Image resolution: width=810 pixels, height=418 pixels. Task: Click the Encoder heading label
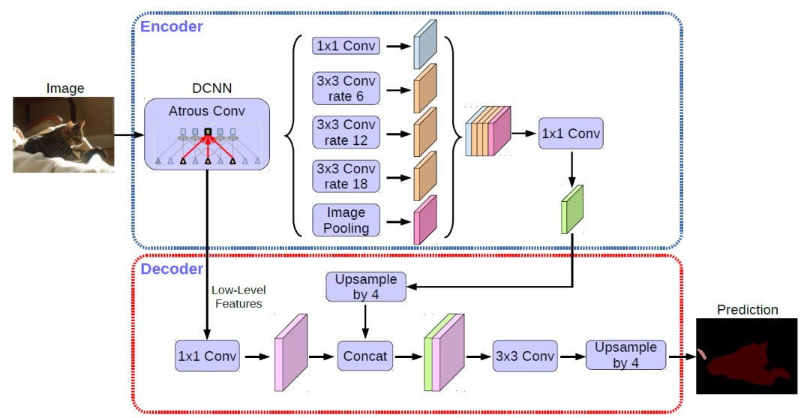click(172, 26)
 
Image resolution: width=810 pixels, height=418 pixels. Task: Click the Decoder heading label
click(172, 269)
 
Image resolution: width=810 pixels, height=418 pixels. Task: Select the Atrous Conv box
click(207, 133)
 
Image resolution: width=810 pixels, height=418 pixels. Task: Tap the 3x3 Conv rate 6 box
click(346, 89)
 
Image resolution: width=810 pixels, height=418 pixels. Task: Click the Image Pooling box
click(346, 219)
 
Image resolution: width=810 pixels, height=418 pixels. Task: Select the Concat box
click(365, 356)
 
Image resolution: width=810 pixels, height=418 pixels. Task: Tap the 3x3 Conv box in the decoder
click(525, 356)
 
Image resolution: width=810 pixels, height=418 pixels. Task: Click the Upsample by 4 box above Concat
click(366, 287)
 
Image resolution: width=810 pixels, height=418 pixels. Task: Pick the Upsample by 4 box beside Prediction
click(625, 354)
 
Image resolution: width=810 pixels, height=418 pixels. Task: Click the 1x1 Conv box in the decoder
click(207, 356)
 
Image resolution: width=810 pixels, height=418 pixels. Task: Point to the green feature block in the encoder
click(572, 209)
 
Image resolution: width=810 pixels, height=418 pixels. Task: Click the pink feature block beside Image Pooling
click(424, 219)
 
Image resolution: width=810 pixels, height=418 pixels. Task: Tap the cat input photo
click(64, 134)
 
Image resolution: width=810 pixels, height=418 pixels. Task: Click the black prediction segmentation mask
click(747, 356)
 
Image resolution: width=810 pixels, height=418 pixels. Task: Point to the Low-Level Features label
click(237, 296)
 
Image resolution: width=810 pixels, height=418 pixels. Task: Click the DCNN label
click(207, 88)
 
